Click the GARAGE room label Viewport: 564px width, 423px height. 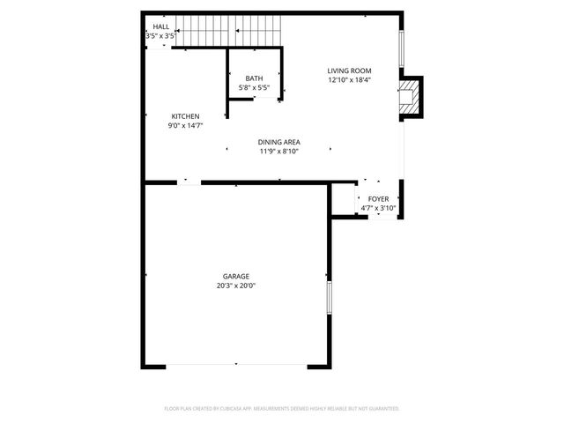[236, 276]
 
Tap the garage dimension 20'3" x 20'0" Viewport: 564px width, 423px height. [236, 286]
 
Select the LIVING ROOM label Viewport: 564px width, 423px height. [349, 71]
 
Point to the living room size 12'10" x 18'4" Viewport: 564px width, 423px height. [349, 80]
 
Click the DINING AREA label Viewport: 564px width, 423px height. [279, 142]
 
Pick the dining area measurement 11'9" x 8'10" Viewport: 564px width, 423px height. [279, 152]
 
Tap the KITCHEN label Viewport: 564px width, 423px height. [185, 116]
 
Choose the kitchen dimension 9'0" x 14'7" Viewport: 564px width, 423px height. [185, 126]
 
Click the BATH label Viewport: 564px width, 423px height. [254, 78]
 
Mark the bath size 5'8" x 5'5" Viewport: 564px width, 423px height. [254, 87]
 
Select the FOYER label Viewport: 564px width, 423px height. [379, 199]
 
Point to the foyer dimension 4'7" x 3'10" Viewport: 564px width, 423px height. [379, 208]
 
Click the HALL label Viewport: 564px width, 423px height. [161, 27]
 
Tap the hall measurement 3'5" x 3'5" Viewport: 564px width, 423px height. [161, 36]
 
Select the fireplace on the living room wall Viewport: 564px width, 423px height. [411, 97]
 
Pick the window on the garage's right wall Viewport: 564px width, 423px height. [329, 297]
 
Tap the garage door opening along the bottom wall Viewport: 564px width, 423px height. [236, 365]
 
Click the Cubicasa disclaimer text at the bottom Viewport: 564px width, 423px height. [282, 409]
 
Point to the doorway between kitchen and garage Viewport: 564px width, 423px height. [189, 182]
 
